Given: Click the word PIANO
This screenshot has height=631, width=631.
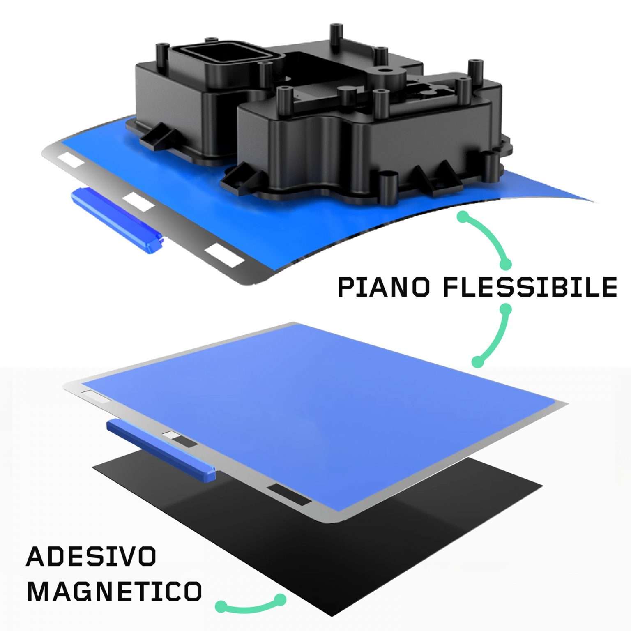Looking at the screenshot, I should click(x=383, y=287).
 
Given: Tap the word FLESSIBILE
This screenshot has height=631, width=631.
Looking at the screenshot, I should click(x=530, y=287).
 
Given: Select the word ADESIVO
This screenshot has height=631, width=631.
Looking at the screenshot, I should click(x=91, y=557).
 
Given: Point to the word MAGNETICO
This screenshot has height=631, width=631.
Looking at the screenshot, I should click(x=114, y=592).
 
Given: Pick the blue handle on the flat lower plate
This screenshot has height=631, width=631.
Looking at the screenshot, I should click(x=161, y=450).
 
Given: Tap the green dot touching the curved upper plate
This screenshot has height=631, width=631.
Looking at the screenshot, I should click(x=463, y=216).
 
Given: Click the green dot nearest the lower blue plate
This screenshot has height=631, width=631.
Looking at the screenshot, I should click(x=477, y=362).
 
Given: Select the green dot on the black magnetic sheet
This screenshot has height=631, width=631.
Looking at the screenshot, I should click(x=281, y=599).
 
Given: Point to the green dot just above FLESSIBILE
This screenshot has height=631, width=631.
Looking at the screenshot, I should click(x=506, y=263).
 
